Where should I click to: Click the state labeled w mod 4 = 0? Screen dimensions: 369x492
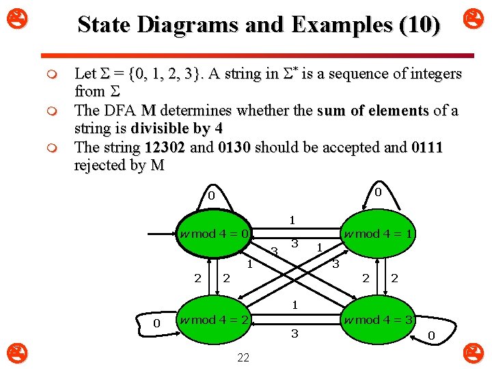[214, 234]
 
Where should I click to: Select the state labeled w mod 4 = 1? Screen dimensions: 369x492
[380, 234]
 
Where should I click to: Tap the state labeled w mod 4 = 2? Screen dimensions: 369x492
[214, 320]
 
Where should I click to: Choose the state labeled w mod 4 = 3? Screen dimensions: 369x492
[380, 320]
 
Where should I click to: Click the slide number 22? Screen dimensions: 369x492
[243, 357]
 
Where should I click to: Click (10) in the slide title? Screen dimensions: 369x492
[419, 25]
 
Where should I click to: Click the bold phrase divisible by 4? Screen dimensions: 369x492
[177, 128]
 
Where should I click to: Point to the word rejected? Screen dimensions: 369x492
[102, 165]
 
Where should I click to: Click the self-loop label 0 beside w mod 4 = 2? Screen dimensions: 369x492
[156, 323]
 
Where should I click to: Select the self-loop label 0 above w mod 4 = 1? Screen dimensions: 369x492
[377, 193]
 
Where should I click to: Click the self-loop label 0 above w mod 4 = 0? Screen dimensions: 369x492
[211, 197]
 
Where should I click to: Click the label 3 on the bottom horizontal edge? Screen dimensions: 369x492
[295, 334]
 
